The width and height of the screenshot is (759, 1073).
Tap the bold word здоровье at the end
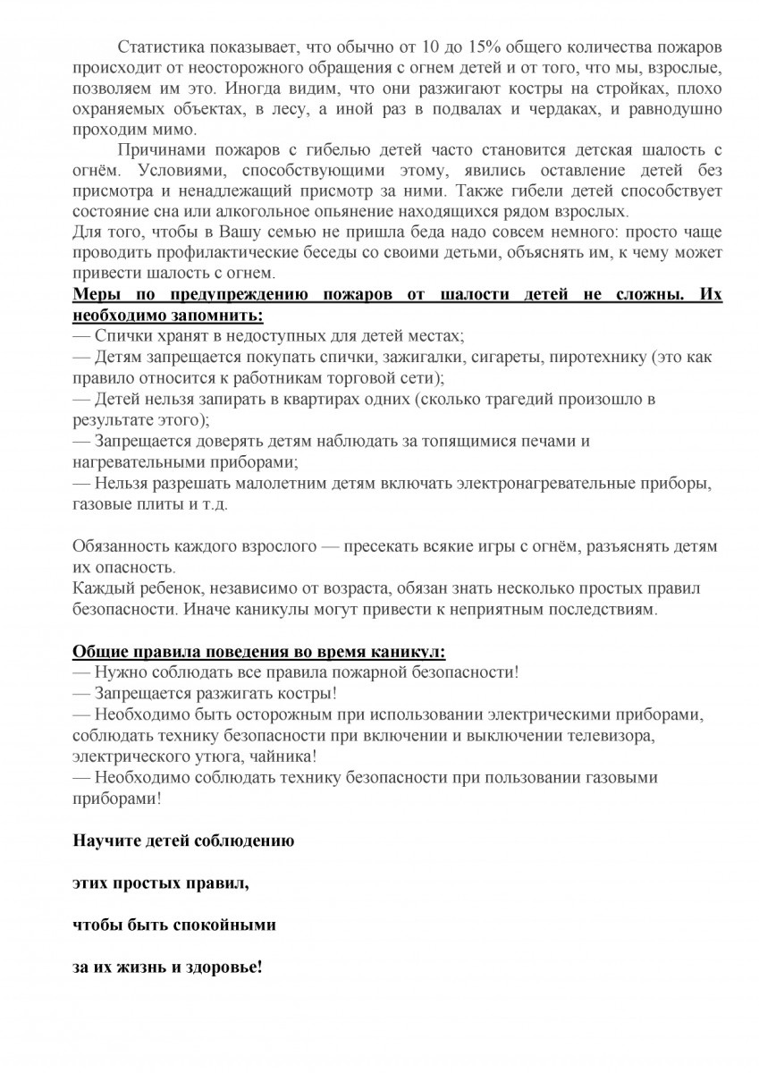tap(223, 967)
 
